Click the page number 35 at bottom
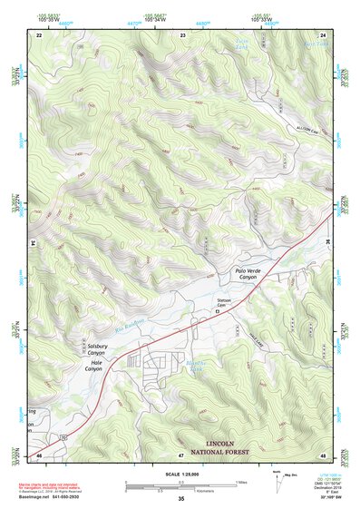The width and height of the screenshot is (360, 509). [x=180, y=498]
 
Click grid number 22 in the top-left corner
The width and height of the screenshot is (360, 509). [x=40, y=34]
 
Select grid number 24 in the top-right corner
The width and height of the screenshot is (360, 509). [x=323, y=34]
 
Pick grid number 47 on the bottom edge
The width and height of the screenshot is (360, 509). [x=180, y=455]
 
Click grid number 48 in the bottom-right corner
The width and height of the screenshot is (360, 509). [x=323, y=455]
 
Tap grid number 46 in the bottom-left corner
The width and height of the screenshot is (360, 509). [x=40, y=455]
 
